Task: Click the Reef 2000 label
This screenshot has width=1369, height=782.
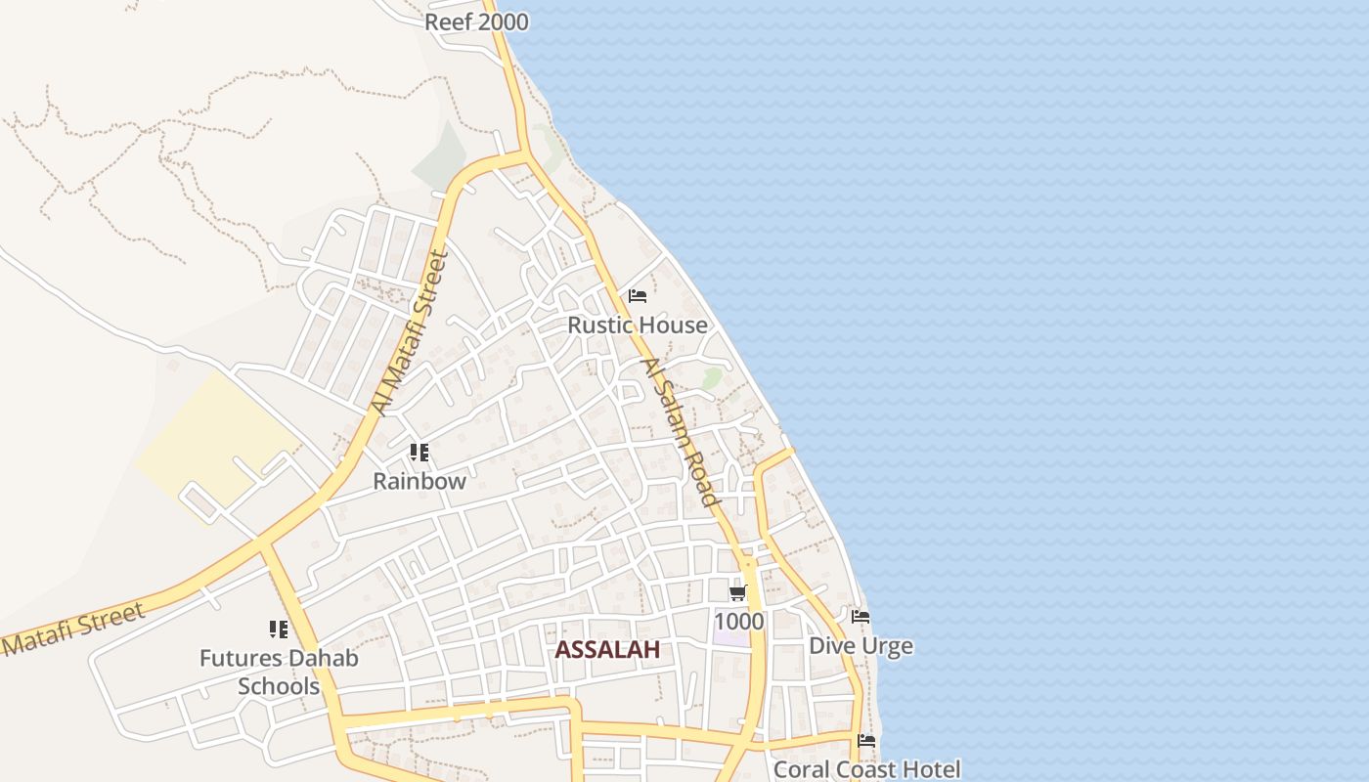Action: tap(476, 22)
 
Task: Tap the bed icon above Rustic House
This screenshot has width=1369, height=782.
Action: tap(638, 296)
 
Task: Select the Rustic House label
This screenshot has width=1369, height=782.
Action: tap(638, 325)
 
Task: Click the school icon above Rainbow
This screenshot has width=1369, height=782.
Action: tap(420, 453)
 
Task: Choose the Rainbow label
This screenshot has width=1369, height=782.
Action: tap(420, 481)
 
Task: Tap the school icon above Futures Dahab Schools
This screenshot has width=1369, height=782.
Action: tap(279, 630)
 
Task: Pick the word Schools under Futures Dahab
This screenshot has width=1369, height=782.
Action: tap(279, 686)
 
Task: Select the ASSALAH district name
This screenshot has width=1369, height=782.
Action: tap(607, 650)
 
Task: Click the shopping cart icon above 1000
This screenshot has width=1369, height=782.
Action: tap(738, 593)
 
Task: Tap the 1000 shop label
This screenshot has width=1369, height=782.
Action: tap(738, 622)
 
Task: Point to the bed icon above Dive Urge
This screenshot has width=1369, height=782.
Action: tap(861, 617)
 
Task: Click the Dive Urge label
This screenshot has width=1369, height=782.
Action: tap(861, 646)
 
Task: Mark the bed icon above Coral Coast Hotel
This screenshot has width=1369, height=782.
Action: tap(866, 741)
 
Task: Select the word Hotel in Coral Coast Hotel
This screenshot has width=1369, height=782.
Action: tap(929, 769)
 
